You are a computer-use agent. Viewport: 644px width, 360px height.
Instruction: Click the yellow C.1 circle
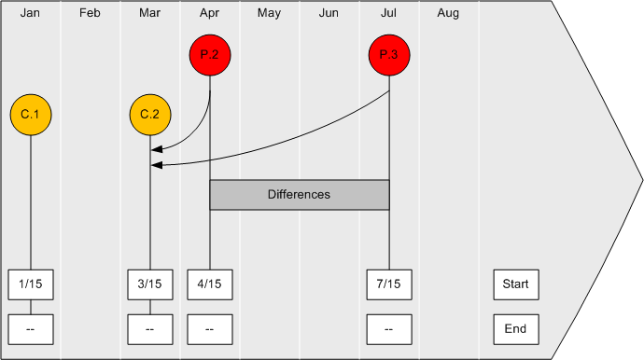click(31, 115)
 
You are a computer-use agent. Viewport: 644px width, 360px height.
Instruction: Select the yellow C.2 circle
click(149, 115)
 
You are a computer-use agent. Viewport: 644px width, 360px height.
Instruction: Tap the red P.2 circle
click(209, 56)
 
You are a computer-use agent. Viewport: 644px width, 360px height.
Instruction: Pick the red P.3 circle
click(389, 56)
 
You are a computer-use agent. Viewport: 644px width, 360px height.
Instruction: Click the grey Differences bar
click(299, 195)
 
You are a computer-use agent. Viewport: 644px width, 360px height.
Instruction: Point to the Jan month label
click(30, 13)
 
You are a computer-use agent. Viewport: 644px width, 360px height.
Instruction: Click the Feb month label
click(90, 13)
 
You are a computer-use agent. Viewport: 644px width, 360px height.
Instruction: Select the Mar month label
click(149, 13)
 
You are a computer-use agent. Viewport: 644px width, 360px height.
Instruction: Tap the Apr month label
click(209, 13)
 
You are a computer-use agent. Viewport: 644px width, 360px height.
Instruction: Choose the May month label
click(269, 13)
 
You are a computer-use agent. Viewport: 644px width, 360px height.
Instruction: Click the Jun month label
click(329, 13)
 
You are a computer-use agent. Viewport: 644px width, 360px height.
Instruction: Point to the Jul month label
click(388, 13)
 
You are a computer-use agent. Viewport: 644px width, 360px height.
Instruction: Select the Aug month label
click(448, 13)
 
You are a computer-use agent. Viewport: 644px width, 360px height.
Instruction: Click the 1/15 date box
click(31, 284)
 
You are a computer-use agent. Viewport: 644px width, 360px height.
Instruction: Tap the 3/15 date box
click(149, 284)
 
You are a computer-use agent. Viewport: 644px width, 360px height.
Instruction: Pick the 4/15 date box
click(209, 284)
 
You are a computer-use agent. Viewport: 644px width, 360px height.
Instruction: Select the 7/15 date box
click(389, 284)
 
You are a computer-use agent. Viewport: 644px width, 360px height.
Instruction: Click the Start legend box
click(515, 284)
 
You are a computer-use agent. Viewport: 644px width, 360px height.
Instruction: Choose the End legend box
click(515, 328)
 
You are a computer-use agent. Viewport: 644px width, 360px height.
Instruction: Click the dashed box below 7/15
click(389, 328)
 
